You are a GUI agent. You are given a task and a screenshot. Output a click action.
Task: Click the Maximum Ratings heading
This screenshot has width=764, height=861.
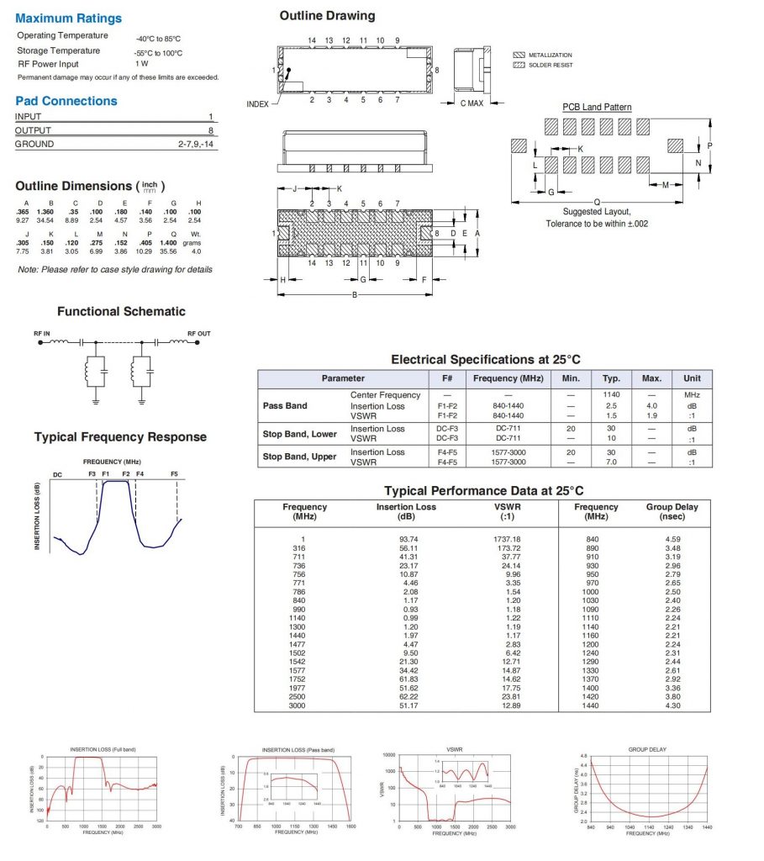tap(68, 18)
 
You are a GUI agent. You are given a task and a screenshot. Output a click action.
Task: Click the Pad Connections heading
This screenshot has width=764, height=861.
tap(66, 101)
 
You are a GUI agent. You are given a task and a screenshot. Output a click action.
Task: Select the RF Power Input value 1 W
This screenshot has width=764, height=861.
tap(142, 64)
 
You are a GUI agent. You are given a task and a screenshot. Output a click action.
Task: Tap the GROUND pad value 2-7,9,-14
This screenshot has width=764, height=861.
tap(197, 145)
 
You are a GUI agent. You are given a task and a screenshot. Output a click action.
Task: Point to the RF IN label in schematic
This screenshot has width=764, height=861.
tap(43, 334)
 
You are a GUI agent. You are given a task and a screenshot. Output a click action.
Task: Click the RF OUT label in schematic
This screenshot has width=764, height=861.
tap(199, 334)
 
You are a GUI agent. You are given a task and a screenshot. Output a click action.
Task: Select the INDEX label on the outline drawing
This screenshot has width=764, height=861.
tap(257, 104)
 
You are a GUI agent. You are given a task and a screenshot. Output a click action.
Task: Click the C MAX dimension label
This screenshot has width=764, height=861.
tap(470, 103)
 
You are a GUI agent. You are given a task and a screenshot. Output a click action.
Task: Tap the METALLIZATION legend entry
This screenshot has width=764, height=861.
tap(550, 55)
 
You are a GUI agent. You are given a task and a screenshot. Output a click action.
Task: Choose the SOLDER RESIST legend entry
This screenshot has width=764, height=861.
tap(551, 65)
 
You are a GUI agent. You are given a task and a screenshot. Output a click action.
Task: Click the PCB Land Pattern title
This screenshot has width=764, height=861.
tap(597, 107)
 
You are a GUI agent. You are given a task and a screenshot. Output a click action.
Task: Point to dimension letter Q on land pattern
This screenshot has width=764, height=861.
tap(597, 202)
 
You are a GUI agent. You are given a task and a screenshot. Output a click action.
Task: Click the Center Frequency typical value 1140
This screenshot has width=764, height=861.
tap(611, 395)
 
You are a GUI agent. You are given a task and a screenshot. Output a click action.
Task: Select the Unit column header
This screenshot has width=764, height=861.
tap(692, 378)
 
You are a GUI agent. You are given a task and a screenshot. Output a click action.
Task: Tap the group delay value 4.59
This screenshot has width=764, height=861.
tap(672, 539)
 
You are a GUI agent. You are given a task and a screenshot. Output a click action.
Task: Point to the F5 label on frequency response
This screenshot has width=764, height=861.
tap(175, 474)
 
